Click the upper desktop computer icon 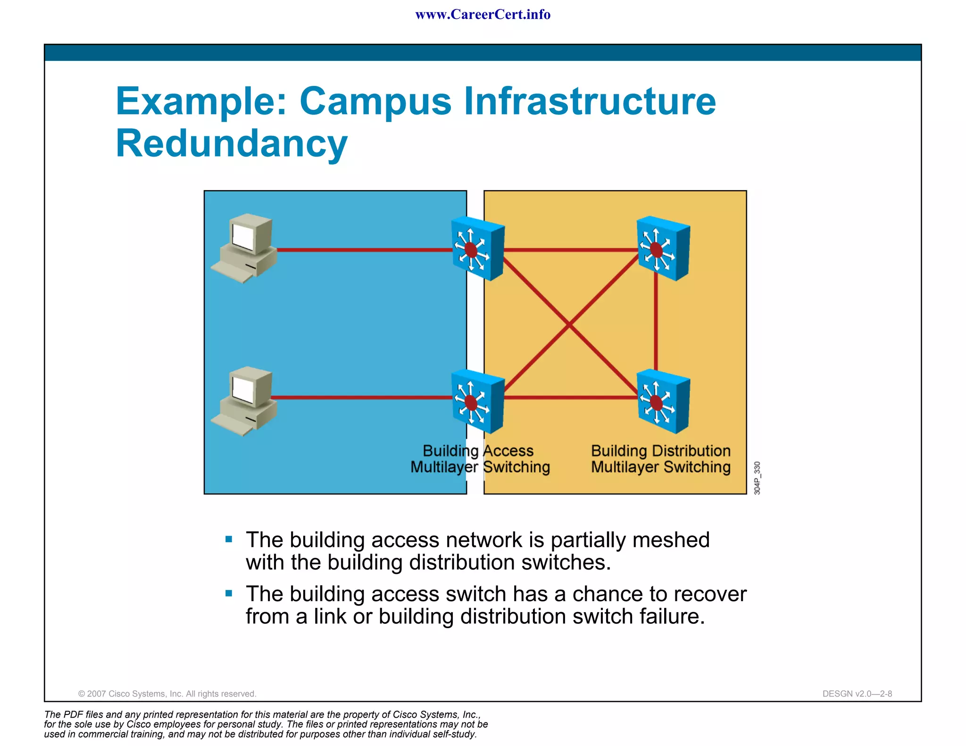click(244, 248)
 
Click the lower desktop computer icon click(244, 401)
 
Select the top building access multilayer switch click(477, 249)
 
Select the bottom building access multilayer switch click(477, 402)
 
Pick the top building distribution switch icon click(663, 249)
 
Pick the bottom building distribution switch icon click(663, 402)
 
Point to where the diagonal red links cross click(569, 324)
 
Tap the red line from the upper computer click(363, 250)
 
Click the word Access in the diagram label click(508, 451)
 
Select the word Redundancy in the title click(232, 144)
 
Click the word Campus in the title click(375, 101)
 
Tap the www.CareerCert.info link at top click(483, 15)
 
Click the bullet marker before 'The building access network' click(229, 539)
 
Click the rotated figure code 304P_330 click(757, 478)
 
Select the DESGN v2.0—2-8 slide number click(857, 694)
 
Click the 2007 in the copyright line click(97, 694)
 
